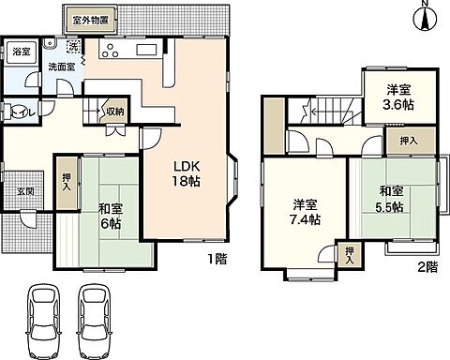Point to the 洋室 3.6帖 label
point(398,98)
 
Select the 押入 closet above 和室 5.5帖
point(397,141)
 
